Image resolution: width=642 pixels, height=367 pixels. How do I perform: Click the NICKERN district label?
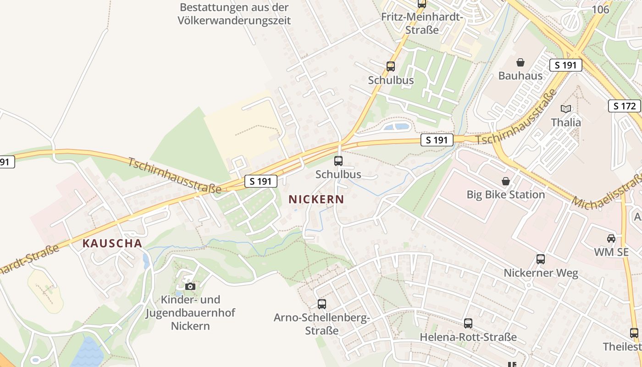click(316, 199)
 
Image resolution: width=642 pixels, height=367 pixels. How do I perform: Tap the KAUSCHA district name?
click(112, 243)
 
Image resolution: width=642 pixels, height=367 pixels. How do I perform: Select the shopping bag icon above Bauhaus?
click(520, 62)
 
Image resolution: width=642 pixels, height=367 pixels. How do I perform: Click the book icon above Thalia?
click(566, 109)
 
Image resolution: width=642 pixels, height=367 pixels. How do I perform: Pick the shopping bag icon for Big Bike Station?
click(506, 181)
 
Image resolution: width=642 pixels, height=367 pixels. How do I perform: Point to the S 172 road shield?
click(625, 106)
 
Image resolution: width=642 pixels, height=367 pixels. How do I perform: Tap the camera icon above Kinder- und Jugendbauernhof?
click(190, 286)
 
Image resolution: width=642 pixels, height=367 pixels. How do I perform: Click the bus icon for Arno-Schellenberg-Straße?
click(322, 304)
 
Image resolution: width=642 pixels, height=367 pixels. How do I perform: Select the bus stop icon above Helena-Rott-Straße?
click(468, 323)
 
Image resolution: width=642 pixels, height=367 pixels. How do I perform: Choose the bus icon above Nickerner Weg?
click(541, 259)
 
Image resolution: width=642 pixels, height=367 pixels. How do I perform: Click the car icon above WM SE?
click(611, 238)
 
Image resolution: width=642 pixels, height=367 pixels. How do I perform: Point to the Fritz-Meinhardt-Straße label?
click(422, 23)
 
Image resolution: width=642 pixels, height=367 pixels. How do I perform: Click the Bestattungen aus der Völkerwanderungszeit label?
click(235, 14)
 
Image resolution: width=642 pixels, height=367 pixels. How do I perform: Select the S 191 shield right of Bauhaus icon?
click(565, 65)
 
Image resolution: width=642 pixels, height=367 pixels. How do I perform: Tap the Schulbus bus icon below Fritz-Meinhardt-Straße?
click(391, 66)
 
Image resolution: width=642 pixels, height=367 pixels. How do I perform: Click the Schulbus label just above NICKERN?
click(338, 174)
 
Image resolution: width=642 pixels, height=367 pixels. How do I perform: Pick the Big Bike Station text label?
click(506, 195)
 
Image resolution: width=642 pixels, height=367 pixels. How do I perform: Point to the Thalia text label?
click(566, 122)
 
